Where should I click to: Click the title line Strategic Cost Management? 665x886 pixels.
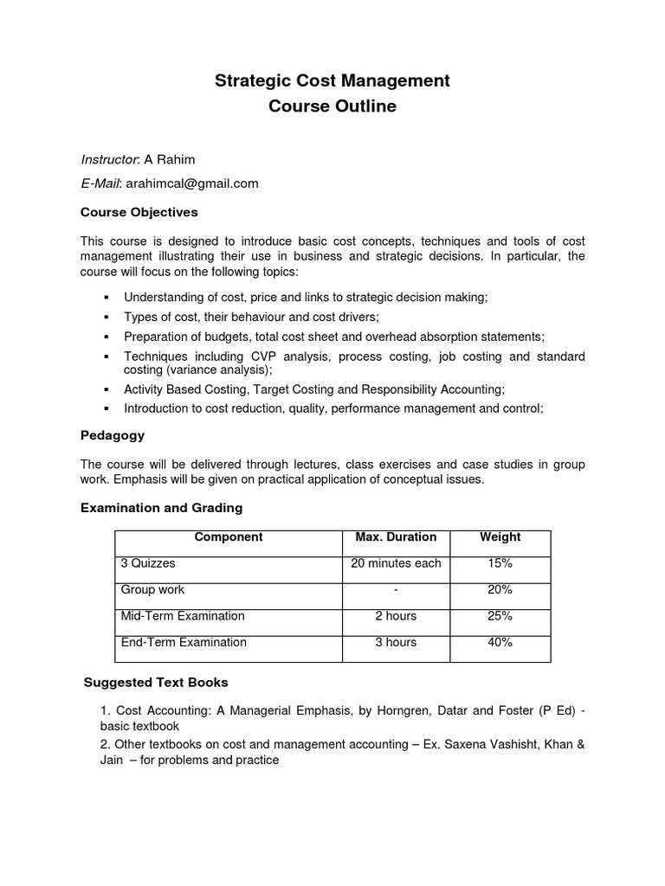click(x=332, y=81)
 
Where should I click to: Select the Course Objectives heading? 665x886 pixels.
click(x=139, y=212)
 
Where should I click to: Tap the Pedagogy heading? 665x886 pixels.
click(x=113, y=435)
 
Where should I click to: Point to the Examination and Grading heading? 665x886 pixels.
click(x=162, y=508)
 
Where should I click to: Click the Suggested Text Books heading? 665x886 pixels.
click(x=156, y=683)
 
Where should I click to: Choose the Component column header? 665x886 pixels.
click(x=229, y=537)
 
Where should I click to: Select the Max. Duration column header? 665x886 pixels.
click(x=396, y=537)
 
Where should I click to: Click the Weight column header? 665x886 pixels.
click(x=500, y=537)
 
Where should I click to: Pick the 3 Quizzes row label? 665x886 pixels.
click(x=148, y=563)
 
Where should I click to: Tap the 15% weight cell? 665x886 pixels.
click(x=500, y=563)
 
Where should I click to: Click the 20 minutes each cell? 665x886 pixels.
click(x=396, y=563)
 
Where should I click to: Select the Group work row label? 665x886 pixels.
click(x=152, y=590)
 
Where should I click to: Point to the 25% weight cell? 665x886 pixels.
click(x=500, y=616)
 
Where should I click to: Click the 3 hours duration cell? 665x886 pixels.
click(x=396, y=642)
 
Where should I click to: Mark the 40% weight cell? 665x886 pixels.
click(x=500, y=642)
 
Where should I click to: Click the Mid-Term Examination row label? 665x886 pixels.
click(x=183, y=616)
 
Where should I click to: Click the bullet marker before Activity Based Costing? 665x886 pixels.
click(x=106, y=390)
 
